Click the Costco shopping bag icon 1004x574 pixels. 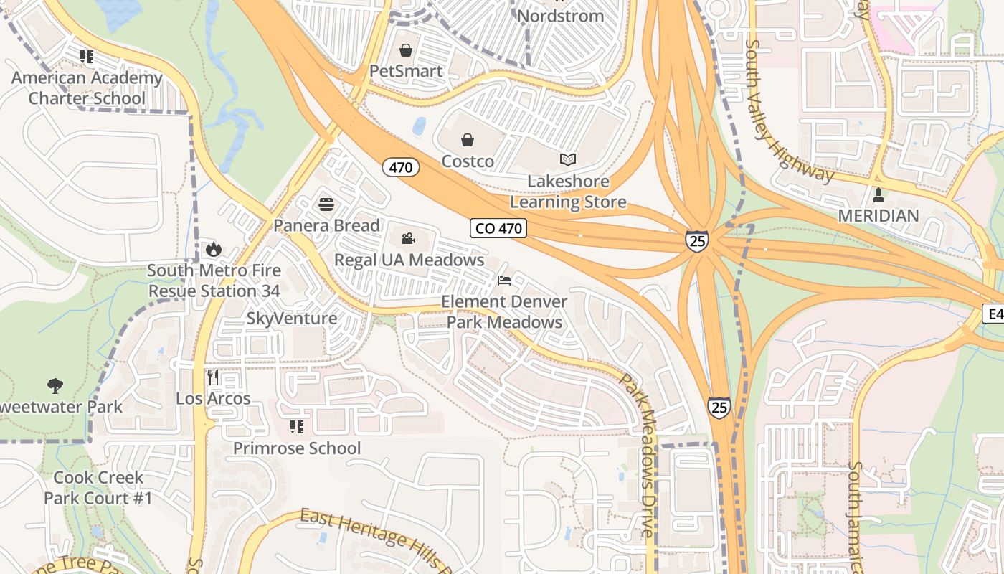468,139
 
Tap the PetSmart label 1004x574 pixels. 406,71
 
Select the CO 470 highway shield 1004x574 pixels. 499,228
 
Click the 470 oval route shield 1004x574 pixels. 400,168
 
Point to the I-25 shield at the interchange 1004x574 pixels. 696,240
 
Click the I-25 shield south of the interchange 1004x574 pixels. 719,408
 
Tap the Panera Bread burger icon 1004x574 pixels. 326,204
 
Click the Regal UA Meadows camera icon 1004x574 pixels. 409,238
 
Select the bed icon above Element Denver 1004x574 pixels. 504,280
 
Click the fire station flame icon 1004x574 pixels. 213,249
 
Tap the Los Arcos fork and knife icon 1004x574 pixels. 212,377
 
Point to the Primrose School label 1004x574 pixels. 297,448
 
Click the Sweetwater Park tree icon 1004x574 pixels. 55,386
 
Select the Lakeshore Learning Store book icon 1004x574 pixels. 568,159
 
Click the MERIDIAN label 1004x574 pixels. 879,216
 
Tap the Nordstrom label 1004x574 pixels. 561,16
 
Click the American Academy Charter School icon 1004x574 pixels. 87,56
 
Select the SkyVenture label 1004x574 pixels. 292,319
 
